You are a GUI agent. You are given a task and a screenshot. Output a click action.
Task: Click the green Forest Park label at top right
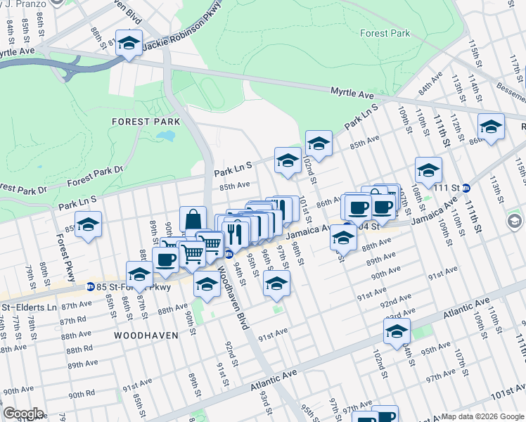click(384, 33)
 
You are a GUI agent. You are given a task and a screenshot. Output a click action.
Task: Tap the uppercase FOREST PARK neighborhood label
click(146, 122)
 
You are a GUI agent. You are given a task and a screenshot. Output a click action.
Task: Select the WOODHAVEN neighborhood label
click(146, 335)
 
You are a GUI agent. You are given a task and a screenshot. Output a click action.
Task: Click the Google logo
click(23, 414)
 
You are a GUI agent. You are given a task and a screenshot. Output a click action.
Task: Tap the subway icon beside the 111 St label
click(475, 188)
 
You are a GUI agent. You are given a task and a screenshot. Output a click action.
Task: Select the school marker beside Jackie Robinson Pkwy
click(129, 44)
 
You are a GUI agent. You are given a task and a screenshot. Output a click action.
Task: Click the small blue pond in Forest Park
click(166, 135)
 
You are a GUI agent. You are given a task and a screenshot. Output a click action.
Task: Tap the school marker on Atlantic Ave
click(397, 331)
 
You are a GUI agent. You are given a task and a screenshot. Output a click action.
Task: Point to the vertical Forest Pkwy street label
click(62, 247)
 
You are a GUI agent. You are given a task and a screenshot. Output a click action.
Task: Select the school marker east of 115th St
click(491, 127)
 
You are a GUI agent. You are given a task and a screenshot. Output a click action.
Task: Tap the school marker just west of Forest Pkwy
click(88, 225)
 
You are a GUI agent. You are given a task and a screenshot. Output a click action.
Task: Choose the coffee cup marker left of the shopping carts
click(165, 260)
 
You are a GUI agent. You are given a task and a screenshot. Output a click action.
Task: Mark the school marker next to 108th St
click(428, 171)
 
